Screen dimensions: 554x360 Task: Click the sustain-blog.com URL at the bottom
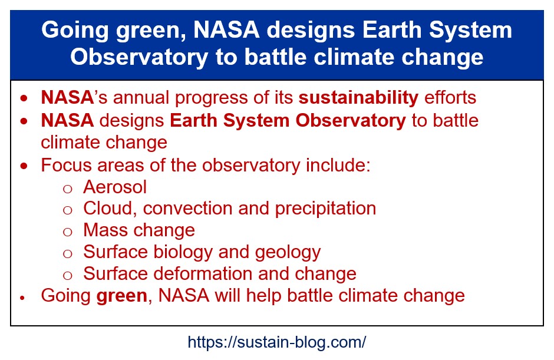276,342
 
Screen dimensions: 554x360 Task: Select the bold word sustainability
358,97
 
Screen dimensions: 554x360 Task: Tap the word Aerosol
115,187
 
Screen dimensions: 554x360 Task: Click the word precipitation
325,209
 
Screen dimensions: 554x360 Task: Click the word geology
288,253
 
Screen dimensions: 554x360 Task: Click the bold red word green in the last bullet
121,296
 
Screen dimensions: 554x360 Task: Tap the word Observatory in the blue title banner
139,57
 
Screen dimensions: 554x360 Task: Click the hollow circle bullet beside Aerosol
68,189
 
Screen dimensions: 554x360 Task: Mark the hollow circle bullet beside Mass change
68,232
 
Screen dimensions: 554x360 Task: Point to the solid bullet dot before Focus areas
24,166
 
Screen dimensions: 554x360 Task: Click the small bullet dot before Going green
22,298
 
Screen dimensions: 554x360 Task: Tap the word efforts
450,97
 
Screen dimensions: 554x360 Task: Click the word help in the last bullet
263,296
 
